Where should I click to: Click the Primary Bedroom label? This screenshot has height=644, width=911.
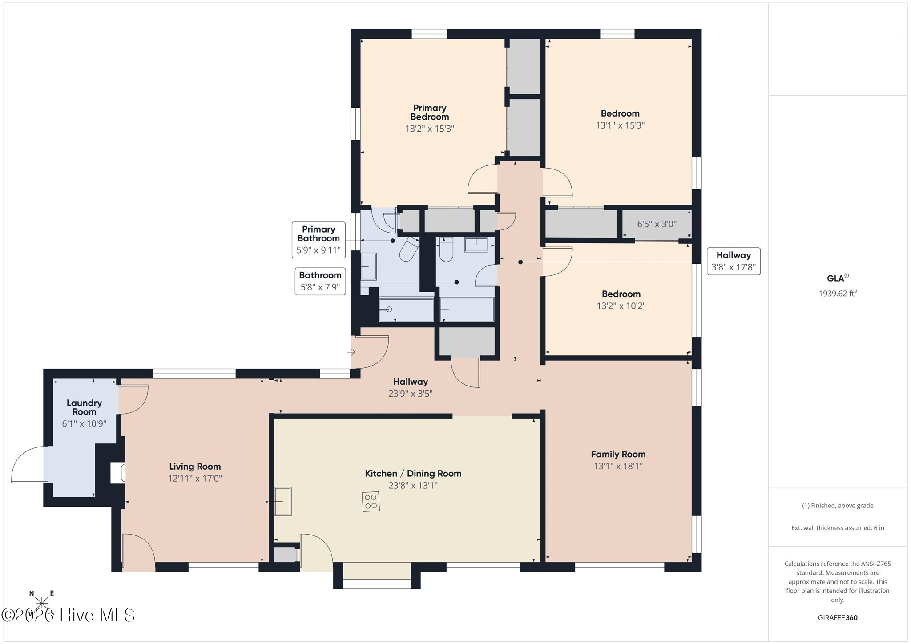click(430, 113)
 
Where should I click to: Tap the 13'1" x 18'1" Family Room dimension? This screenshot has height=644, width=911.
click(618, 466)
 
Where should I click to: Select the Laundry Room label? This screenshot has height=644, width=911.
click(84, 407)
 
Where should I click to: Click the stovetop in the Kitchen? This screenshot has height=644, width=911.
click(371, 501)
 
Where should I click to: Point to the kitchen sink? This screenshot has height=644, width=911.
click(282, 501)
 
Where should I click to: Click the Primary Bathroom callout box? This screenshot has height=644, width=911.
click(318, 240)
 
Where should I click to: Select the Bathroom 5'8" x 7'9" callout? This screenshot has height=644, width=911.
click(320, 281)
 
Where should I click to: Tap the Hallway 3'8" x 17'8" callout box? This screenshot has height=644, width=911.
click(734, 262)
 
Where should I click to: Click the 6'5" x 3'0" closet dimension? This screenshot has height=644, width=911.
click(657, 224)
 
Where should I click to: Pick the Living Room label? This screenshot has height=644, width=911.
click(195, 467)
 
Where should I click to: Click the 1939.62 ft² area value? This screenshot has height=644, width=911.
click(838, 293)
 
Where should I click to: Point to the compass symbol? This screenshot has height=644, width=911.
click(41, 604)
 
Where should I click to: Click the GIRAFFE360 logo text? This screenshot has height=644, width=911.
click(838, 618)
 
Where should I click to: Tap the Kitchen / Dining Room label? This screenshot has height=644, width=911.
click(413, 474)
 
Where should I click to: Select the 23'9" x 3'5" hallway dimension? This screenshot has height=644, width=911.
click(411, 394)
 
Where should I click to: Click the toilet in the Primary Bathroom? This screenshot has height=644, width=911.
click(409, 250)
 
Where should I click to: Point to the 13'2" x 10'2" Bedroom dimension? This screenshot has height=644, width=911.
click(621, 306)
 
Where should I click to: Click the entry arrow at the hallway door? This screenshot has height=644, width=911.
click(351, 352)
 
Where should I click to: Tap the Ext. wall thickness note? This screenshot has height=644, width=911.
click(838, 528)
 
